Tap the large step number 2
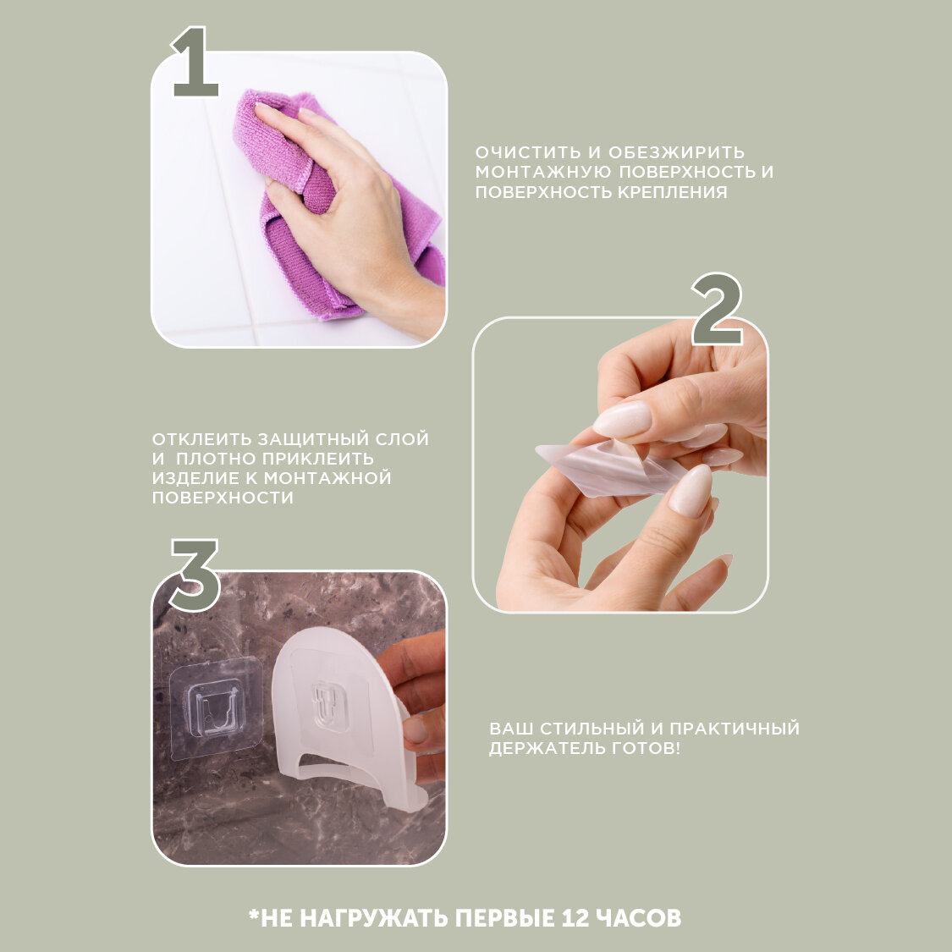[718, 310]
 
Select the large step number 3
[195, 575]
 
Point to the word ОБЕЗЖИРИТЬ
[676, 152]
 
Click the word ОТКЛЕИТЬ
[201, 439]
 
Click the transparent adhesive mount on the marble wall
[216, 708]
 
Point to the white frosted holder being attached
[340, 717]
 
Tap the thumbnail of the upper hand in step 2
[621, 420]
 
